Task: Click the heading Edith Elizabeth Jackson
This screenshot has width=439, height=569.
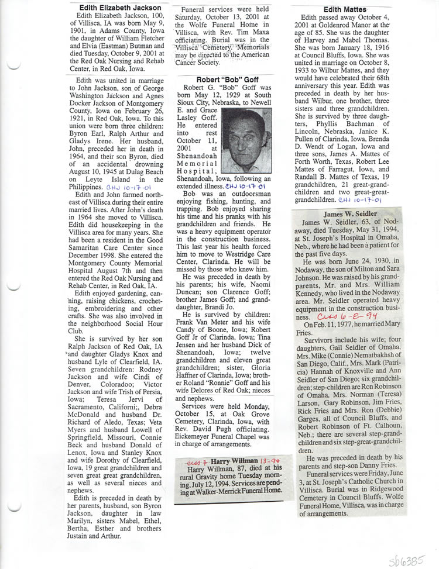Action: coord(121,7)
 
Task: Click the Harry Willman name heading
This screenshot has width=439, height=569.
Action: coord(235,460)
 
